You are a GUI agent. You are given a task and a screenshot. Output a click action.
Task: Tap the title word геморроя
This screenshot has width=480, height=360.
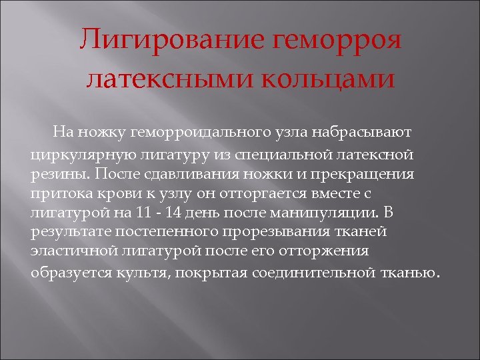point(339,42)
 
